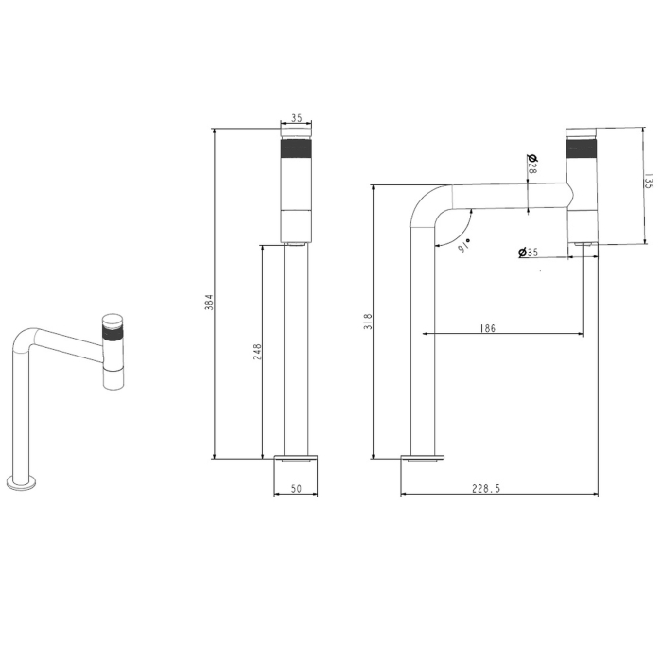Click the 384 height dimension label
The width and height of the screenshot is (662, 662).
click(210, 303)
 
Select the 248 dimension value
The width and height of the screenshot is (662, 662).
click(257, 352)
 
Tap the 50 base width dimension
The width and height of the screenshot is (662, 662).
click(296, 489)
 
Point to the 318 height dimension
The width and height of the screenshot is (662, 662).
click(368, 322)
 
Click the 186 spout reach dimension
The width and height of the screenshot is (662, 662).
click(488, 328)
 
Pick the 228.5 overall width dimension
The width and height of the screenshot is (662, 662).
click(486, 489)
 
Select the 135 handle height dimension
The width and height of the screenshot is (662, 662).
click(649, 181)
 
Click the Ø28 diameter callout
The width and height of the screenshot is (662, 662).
click(532, 165)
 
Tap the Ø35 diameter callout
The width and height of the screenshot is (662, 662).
click(528, 253)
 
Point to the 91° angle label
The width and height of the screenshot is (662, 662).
click(463, 246)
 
